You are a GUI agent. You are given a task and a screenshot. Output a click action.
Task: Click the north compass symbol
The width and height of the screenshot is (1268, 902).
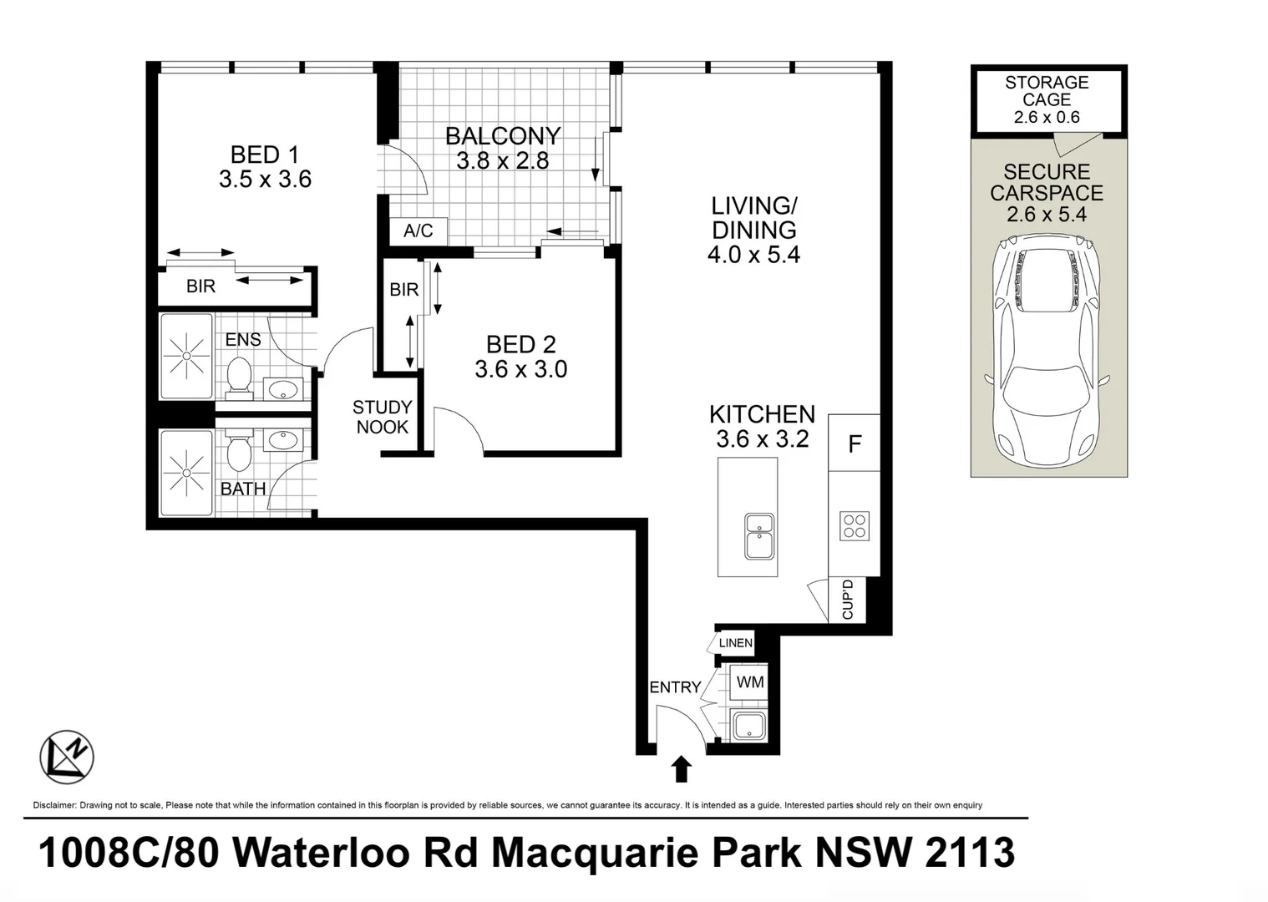tap(67, 757)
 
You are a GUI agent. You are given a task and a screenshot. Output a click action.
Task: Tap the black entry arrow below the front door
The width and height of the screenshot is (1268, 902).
tap(681, 769)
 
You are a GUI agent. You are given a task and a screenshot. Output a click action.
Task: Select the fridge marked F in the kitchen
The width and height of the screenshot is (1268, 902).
tap(855, 443)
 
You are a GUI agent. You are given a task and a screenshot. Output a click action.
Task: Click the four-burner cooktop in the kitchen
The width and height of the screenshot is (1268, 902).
tap(855, 526)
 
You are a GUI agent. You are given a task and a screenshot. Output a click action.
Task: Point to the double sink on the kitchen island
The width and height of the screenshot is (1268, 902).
tap(759, 536)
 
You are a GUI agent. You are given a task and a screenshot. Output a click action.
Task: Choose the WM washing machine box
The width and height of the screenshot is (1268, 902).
tap(749, 682)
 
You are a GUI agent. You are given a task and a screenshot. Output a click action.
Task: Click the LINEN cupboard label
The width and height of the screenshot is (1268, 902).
tap(735, 643)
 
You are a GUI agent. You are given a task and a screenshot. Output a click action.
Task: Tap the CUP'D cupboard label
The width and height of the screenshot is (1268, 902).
tap(847, 600)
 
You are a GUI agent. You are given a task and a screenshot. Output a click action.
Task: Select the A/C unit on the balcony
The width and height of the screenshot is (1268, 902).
tap(418, 231)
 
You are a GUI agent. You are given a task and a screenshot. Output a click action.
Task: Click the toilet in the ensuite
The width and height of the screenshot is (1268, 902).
tap(240, 376)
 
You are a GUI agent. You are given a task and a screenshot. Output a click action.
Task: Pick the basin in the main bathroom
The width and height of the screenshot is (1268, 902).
tap(283, 439)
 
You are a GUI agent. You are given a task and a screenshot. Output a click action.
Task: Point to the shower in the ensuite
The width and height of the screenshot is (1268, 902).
tap(186, 356)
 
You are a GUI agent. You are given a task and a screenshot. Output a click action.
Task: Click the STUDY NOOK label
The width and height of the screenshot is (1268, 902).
tap(382, 417)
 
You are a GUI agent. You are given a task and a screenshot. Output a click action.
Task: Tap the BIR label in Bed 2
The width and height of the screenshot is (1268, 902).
tap(403, 290)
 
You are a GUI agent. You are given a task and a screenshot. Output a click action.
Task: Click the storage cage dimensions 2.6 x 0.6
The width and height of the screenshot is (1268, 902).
tap(1047, 117)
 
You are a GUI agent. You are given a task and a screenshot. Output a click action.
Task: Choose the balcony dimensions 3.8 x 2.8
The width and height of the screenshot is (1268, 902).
tap(503, 161)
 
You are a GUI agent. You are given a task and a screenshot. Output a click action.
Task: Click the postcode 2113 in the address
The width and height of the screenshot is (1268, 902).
tap(970, 852)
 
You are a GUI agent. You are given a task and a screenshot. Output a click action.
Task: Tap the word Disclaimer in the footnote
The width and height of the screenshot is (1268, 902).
tap(54, 805)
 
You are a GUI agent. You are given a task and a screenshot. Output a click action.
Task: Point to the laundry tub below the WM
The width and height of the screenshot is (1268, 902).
tap(749, 725)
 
